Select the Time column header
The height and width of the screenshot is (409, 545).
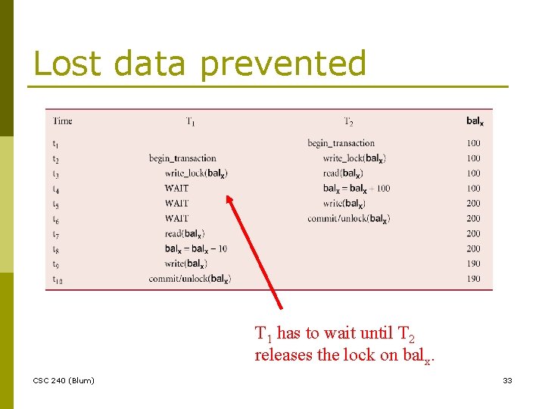[x=62, y=121]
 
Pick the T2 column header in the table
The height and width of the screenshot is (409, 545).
[x=348, y=121]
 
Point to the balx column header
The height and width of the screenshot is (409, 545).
[x=475, y=121]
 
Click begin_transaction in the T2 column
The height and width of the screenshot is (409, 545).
[x=341, y=143]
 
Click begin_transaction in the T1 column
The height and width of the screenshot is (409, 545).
[x=182, y=158]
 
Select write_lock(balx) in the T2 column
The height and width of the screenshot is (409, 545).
[x=354, y=158]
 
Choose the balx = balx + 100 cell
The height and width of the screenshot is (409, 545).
[x=356, y=189]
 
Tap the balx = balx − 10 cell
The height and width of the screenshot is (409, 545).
[x=195, y=248]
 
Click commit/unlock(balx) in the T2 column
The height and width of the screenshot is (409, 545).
[x=348, y=219]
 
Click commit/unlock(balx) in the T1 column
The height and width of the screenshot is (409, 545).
[x=189, y=279]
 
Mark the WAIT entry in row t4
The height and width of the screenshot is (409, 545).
[x=176, y=189]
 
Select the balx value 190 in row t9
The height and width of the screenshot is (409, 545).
[x=473, y=264]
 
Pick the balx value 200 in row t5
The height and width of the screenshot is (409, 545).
[x=473, y=204]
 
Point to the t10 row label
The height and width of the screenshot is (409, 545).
[x=58, y=279]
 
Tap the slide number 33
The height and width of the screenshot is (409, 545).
[x=507, y=380]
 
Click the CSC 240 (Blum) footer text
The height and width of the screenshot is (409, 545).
[x=64, y=380]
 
